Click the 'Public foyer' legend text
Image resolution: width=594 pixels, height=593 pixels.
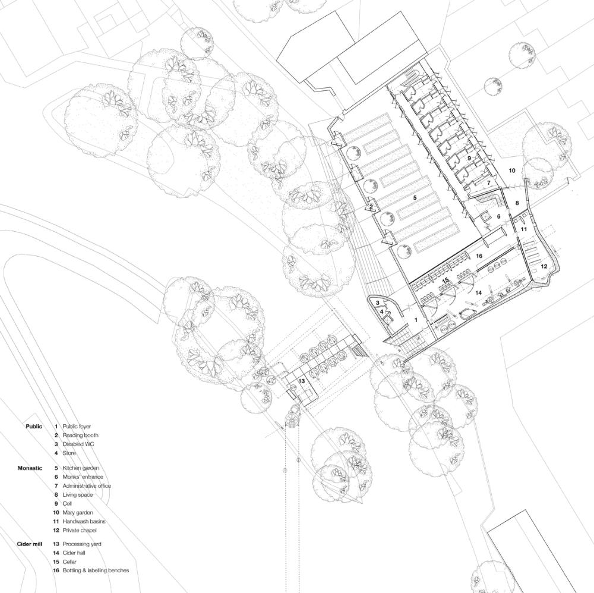click(77, 426)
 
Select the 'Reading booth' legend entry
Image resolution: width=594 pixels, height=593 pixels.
click(80, 436)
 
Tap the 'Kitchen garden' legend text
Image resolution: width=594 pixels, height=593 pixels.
click(81, 468)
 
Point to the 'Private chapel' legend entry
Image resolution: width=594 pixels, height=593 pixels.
click(80, 530)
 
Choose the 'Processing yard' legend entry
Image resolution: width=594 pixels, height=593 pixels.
click(82, 544)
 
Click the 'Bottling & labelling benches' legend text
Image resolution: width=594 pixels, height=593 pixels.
click(96, 570)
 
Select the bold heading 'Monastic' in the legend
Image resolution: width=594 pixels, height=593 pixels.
click(30, 468)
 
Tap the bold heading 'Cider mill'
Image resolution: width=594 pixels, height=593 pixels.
click(30, 544)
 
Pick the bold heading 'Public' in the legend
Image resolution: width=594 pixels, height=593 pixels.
click(34, 426)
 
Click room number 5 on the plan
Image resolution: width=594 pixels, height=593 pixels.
click(415, 197)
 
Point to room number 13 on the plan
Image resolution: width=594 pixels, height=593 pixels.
click(302, 381)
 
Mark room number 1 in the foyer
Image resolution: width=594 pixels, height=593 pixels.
click(416, 320)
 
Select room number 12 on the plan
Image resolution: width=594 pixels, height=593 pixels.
click(544, 266)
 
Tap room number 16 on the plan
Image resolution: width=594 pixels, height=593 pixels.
click(479, 256)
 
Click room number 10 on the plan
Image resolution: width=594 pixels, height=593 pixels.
click(512, 171)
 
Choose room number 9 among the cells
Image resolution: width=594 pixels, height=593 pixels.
click(469, 157)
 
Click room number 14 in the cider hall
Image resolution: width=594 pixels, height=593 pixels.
click(479, 292)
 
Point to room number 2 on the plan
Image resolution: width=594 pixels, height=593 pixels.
click(371, 207)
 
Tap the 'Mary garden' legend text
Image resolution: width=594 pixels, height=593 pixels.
click(78, 512)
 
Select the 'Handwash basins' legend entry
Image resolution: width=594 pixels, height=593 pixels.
click(84, 521)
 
